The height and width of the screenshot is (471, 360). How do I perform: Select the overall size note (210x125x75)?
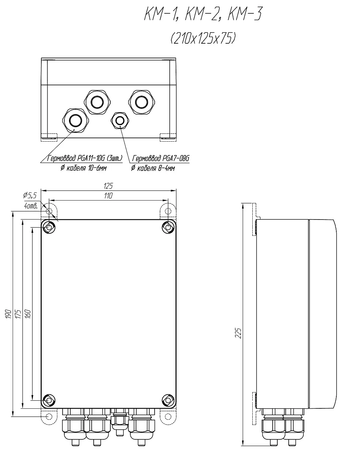coord(203,39)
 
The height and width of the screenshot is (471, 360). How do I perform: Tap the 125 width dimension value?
coord(108,186)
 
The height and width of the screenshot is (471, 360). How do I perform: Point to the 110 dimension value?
coord(108,196)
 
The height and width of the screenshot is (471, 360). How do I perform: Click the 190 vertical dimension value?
coord(8,314)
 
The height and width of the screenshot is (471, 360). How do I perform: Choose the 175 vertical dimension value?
coord(18,314)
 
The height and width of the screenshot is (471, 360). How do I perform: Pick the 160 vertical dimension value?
coord(28,314)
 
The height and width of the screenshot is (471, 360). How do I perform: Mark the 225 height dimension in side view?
coord(238,333)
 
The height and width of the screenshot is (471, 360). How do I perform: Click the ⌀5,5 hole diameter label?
coord(30,195)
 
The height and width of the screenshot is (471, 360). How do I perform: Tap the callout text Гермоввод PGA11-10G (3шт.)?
coord(85,158)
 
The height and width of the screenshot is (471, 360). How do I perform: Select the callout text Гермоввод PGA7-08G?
coord(161,158)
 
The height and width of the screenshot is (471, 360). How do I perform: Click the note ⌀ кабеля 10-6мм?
coord(83,168)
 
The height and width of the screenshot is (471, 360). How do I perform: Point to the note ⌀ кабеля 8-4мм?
coord(153,168)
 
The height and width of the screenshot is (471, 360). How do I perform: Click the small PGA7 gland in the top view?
coord(120,120)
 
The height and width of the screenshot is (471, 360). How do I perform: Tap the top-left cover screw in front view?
coord(49,227)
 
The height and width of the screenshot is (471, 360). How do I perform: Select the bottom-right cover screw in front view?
coord(168,400)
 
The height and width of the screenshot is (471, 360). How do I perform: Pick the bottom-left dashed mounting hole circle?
coord(49,416)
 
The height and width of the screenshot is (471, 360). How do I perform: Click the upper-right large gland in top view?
coord(142,102)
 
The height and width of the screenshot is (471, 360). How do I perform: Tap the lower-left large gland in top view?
coord(75,121)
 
